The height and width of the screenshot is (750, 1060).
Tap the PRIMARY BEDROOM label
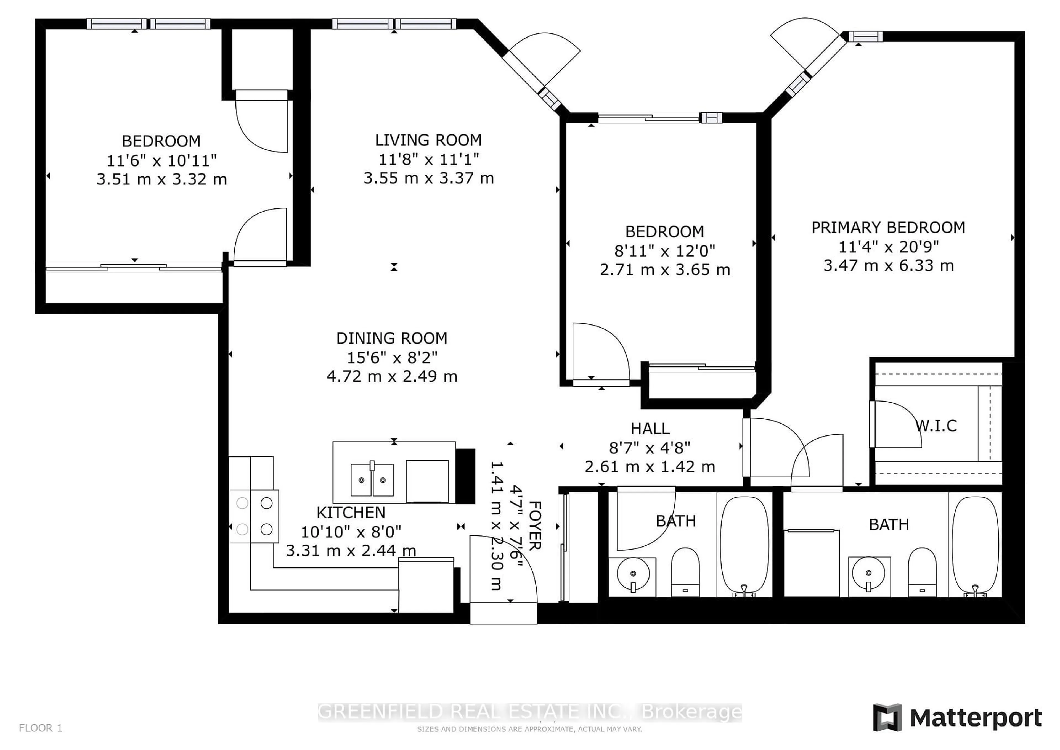coord(888,227)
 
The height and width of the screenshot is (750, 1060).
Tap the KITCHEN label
coord(351,513)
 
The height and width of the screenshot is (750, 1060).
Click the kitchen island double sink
coord(372,480)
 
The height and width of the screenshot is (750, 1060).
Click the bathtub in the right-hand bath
coord(975,546)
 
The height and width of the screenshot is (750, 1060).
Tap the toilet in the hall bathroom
coord(685,572)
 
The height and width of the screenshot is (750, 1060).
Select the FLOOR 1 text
coord(41,728)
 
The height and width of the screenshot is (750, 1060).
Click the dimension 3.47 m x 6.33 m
coord(888,266)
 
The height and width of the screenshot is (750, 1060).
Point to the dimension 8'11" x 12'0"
coord(664,251)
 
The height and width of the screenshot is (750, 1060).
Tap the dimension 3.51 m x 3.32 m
coord(161,179)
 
